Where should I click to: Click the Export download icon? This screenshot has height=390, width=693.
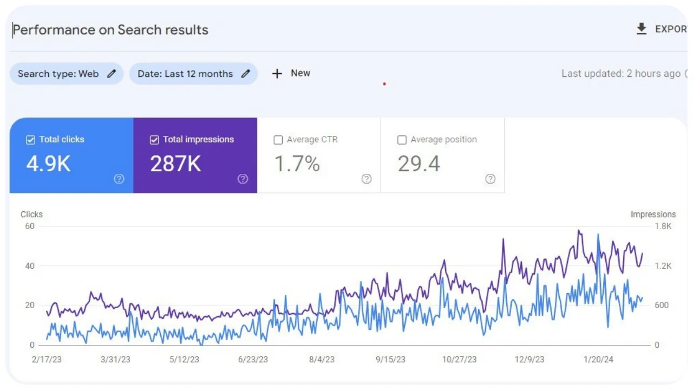tap(642, 29)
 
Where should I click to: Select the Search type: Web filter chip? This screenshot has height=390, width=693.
tap(66, 74)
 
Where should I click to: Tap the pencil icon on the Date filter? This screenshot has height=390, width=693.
tap(246, 74)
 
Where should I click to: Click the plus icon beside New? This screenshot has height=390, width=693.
tap(277, 74)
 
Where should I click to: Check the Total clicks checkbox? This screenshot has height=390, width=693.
tap(31, 140)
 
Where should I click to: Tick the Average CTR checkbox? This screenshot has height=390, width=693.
tap(278, 140)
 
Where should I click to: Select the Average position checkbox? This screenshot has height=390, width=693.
tap(402, 140)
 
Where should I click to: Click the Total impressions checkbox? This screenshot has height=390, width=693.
tap(154, 140)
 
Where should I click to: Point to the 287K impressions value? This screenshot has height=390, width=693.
tap(175, 164)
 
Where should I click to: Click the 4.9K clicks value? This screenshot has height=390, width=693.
tap(48, 164)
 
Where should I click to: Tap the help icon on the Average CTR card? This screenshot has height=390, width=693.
tap(367, 179)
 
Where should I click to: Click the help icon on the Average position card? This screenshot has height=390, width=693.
tap(490, 179)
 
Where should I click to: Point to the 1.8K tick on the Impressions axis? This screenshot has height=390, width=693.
tap(663, 226)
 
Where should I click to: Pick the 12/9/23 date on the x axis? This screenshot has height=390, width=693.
tap(529, 360)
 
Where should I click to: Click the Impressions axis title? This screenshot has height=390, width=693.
tap(653, 214)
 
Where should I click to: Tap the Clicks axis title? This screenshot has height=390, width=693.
tap(31, 214)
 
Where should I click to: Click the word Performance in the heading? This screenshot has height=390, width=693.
tap(54, 30)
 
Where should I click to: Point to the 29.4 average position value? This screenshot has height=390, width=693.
tap(419, 164)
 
